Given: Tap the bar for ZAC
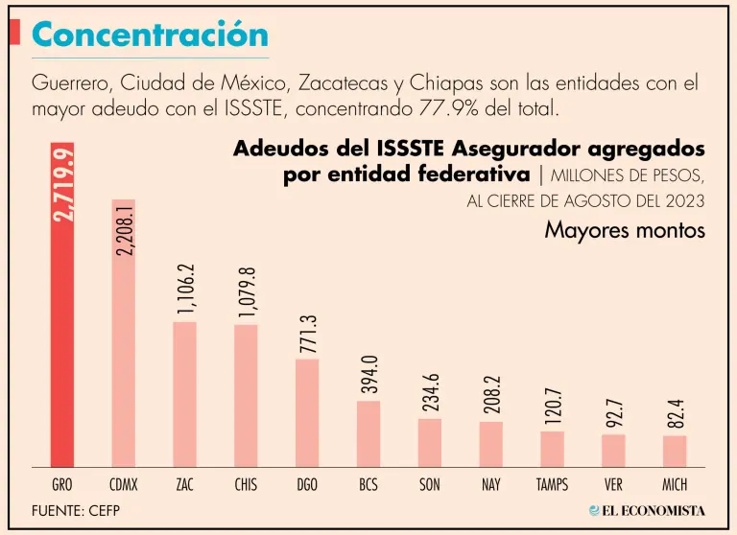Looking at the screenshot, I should click(184, 393).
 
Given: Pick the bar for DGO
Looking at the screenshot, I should click(307, 412).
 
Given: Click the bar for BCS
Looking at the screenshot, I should click(368, 432).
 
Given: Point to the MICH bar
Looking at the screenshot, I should click(675, 450).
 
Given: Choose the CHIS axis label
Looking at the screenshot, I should click(246, 485).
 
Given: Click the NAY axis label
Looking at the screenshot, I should click(490, 485).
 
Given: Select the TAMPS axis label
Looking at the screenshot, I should click(552, 485).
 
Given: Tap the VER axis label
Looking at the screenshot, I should click(613, 485).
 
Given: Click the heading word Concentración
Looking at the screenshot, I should click(150, 35).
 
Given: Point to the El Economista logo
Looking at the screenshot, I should click(647, 511).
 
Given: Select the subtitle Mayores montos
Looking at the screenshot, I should click(625, 231).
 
